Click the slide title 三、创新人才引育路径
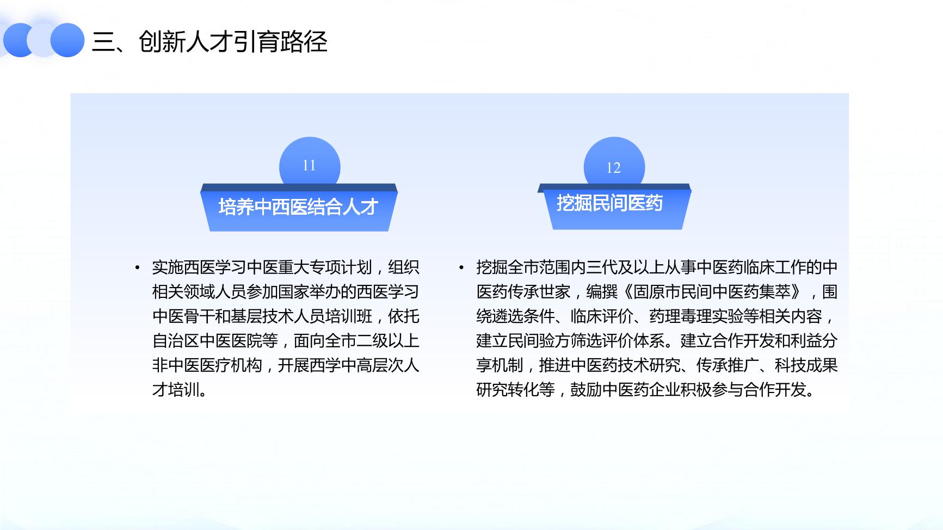click(209, 41)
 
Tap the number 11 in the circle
click(309, 165)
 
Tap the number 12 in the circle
click(613, 168)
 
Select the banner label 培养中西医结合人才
click(298, 207)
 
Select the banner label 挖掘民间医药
click(609, 203)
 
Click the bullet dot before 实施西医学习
click(138, 267)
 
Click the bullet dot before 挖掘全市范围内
click(461, 267)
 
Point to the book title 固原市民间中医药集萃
click(711, 292)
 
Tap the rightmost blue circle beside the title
click(67, 40)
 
